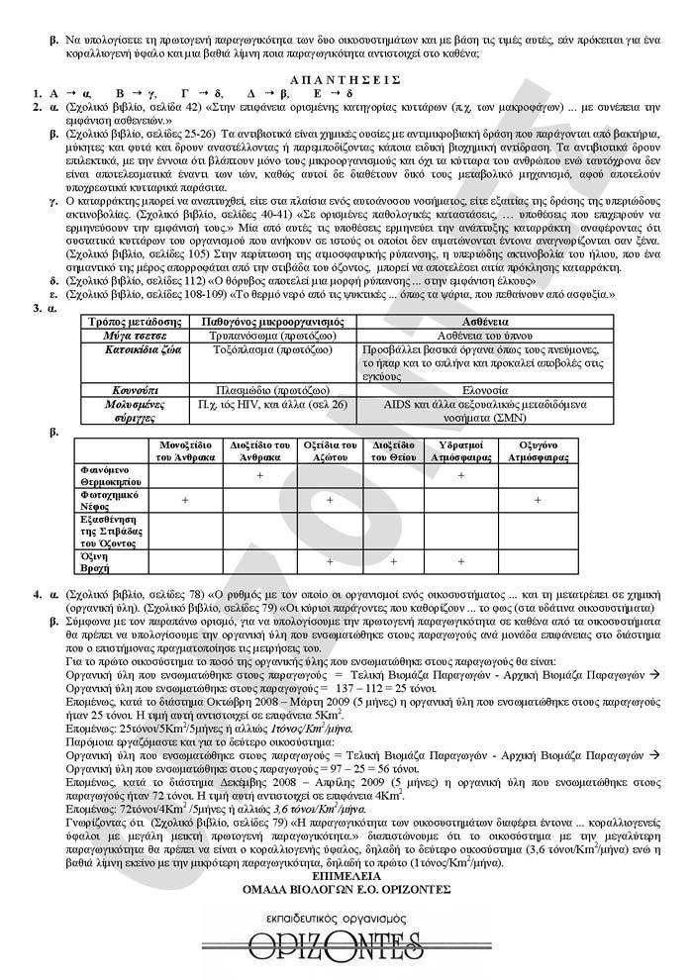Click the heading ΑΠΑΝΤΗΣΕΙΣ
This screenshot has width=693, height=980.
point(346,77)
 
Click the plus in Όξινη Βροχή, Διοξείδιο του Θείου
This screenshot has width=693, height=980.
point(393,562)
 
